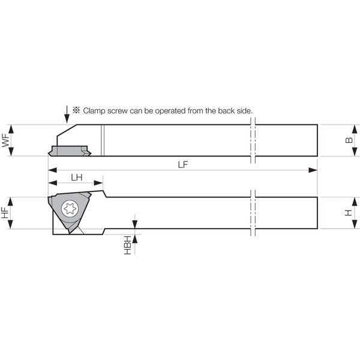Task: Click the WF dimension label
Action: (x=6, y=140)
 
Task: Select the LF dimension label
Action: (x=183, y=164)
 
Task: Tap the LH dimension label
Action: (x=77, y=177)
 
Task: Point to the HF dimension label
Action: (x=5, y=212)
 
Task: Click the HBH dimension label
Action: (x=128, y=245)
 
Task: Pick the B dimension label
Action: (x=349, y=140)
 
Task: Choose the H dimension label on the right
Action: (x=349, y=213)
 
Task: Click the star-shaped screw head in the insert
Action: (x=70, y=209)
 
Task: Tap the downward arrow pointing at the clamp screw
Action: (x=67, y=115)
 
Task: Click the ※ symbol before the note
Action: (x=76, y=110)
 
